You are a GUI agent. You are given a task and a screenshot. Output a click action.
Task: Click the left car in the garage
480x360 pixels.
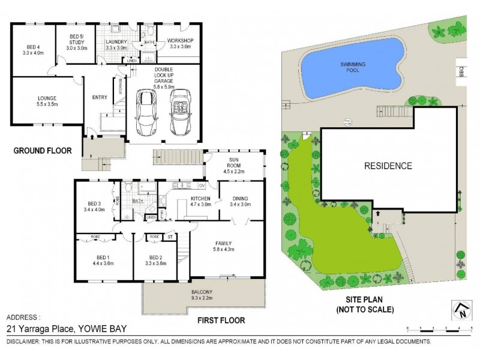click(x=146, y=113)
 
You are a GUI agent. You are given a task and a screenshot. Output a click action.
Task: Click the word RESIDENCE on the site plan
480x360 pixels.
click(x=388, y=166)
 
